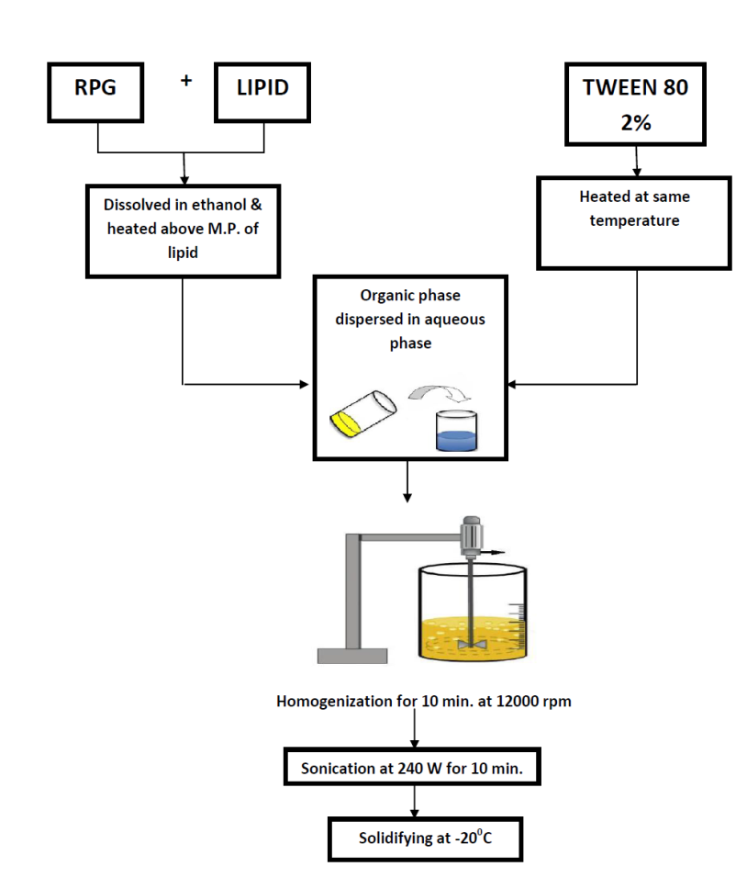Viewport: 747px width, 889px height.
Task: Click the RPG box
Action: click(x=96, y=90)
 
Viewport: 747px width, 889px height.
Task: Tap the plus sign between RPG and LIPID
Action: click(x=186, y=80)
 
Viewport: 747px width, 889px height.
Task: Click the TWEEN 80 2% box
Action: click(x=635, y=104)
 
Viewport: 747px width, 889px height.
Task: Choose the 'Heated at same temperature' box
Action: click(x=633, y=222)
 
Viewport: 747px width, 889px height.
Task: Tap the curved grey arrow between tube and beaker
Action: click(x=438, y=393)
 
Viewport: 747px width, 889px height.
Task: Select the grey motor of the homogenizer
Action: click(x=472, y=532)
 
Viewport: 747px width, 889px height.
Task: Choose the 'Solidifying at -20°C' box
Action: click(x=425, y=838)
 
